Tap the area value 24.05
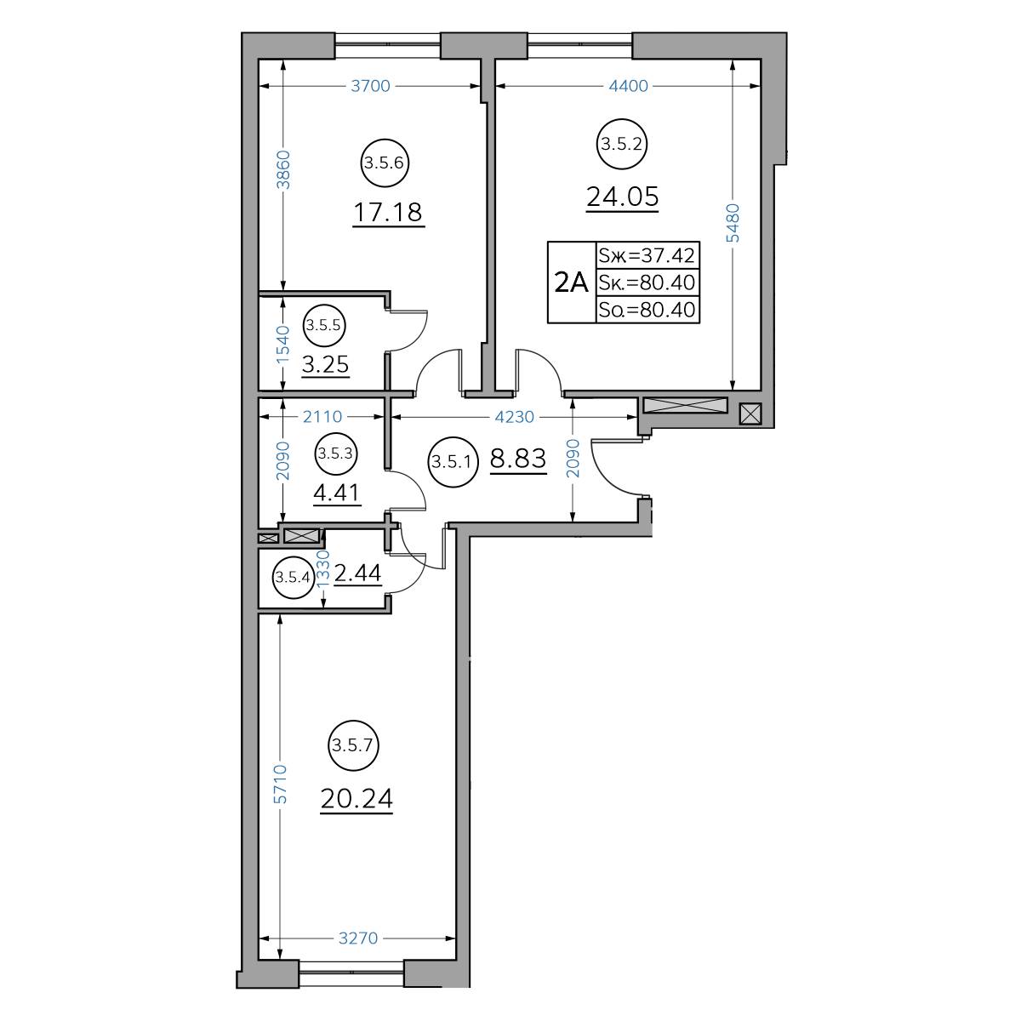622,197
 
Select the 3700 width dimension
370,86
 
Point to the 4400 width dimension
628,86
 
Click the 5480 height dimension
733,223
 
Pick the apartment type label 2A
571,282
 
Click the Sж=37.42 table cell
647,255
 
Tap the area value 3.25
325,364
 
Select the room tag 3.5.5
323,325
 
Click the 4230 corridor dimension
515,417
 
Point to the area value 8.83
517,459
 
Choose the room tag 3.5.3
336,453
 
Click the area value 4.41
336,493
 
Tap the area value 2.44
357,573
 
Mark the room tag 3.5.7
353,745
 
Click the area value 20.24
356,798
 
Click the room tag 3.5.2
622,144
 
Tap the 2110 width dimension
322,417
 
